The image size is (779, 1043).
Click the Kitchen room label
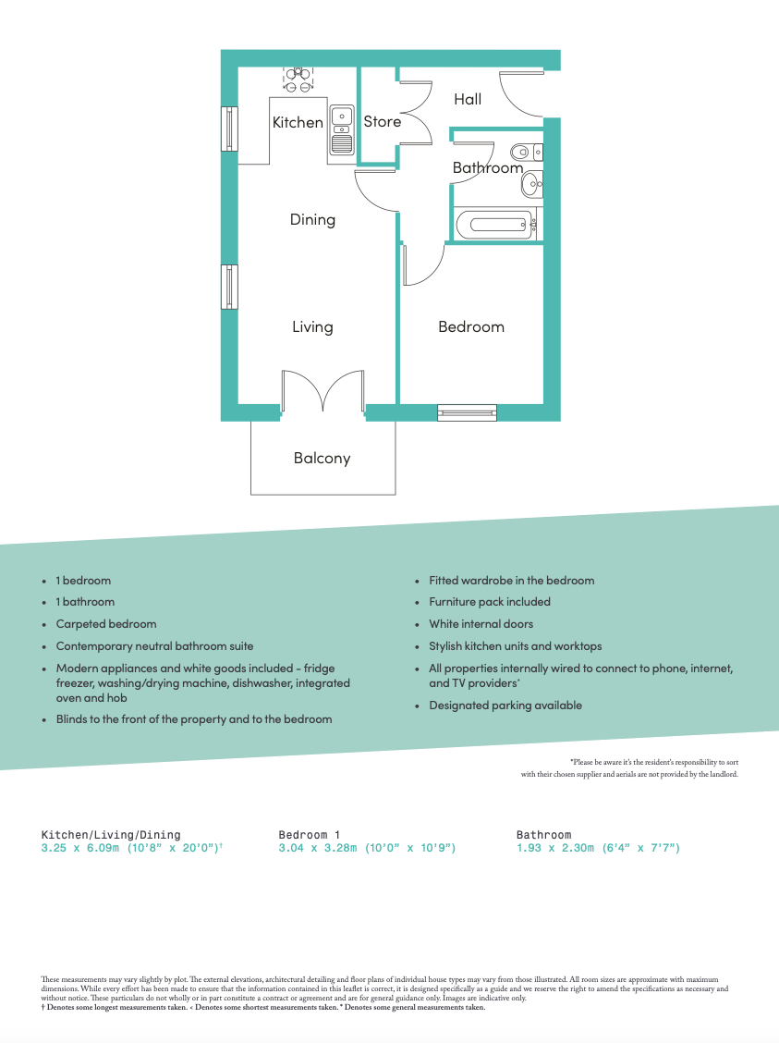pyautogui.click(x=298, y=122)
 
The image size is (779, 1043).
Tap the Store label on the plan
pyautogui.click(x=382, y=122)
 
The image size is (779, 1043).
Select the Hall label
pyautogui.click(x=468, y=99)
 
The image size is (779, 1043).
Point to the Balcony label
pyautogui.click(x=322, y=458)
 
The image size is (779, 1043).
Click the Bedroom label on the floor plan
pyautogui.click(x=471, y=326)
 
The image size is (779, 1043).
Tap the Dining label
pyautogui.click(x=312, y=220)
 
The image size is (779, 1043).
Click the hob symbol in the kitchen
pyautogui.click(x=298, y=80)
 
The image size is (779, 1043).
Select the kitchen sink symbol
pyautogui.click(x=341, y=129)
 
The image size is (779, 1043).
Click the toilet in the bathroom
pyautogui.click(x=524, y=150)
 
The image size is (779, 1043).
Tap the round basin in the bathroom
pyautogui.click(x=532, y=186)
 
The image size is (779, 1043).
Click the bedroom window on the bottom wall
pyautogui.click(x=467, y=412)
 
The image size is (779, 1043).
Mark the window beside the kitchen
pyautogui.click(x=229, y=129)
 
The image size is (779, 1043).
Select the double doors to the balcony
pyautogui.click(x=323, y=392)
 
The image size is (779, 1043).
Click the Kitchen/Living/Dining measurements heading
pyautogui.click(x=111, y=835)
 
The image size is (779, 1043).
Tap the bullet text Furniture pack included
pyautogui.click(x=490, y=602)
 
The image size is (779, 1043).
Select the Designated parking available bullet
pyautogui.click(x=505, y=706)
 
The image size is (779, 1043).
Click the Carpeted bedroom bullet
pyautogui.click(x=106, y=624)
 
